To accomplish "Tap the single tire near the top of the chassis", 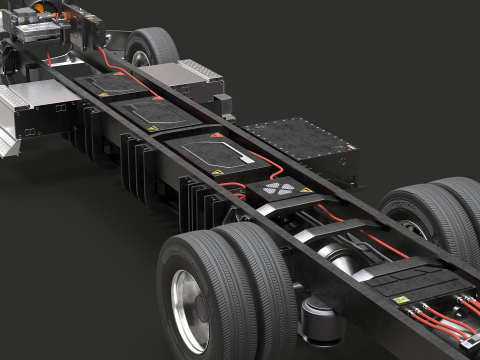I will (x=153, y=46).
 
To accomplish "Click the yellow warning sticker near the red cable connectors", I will (x=400, y=299).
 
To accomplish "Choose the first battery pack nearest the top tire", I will (x=112, y=86).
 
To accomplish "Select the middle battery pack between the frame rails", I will (x=155, y=113).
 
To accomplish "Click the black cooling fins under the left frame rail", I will (x=140, y=160).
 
